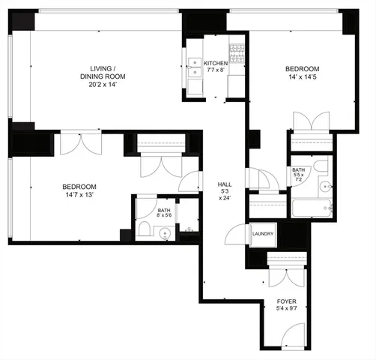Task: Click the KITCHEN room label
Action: click(x=216, y=64)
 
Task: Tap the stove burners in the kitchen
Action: click(x=237, y=52)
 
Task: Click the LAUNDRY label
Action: click(x=264, y=234)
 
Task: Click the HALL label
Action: click(x=224, y=184)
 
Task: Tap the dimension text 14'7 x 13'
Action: click(x=79, y=195)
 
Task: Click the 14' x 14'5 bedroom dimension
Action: click(x=303, y=77)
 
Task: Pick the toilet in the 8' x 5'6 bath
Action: click(x=143, y=230)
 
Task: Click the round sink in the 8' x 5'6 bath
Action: click(x=163, y=232)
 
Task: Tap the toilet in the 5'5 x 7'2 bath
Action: click(x=321, y=166)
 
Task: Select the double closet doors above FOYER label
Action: click(x=286, y=276)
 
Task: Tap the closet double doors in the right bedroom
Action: click(x=310, y=121)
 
